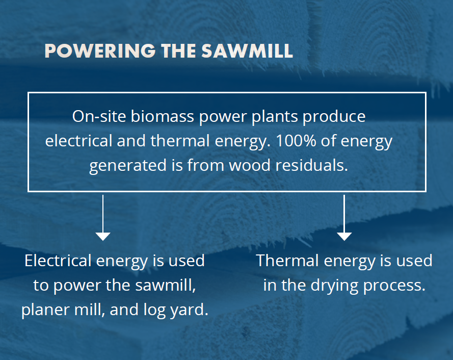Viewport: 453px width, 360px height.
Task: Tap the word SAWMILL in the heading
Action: tap(247, 51)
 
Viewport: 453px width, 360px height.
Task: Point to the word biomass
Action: tap(163, 116)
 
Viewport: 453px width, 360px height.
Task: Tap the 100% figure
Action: tap(296, 141)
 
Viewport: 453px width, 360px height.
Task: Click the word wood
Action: tap(250, 165)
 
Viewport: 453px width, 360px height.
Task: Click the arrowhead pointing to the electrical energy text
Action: tap(103, 236)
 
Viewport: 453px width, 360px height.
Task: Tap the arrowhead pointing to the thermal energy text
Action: tap(344, 236)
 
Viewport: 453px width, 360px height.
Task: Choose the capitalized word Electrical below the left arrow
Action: tap(58, 261)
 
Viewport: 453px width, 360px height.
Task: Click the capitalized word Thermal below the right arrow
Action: tap(287, 261)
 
